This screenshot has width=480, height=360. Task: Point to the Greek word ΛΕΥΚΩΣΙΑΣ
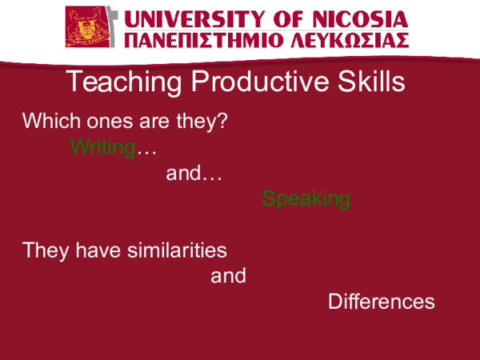point(347,40)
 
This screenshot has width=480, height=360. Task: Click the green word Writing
point(102,147)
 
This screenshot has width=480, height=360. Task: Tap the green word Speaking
point(306,199)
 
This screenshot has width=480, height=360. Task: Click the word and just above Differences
point(228,277)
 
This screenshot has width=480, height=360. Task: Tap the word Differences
point(382,302)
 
